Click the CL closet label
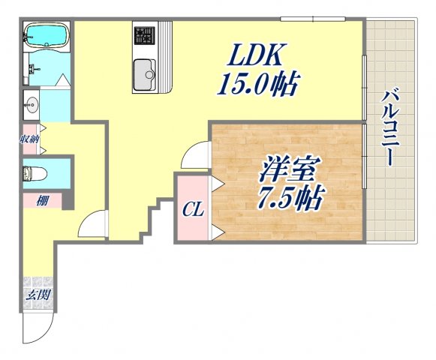click(x=193, y=209)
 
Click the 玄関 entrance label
click(x=38, y=295)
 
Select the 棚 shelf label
click(x=37, y=200)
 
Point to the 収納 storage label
click(x=30, y=139)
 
